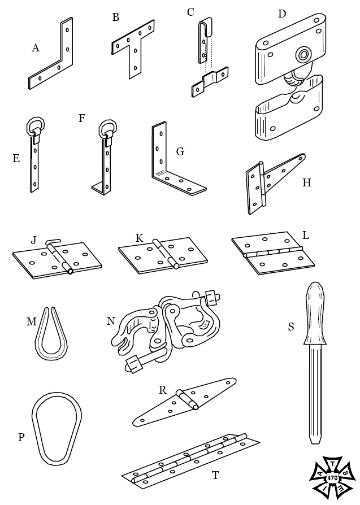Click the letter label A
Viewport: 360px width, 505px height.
tap(36, 49)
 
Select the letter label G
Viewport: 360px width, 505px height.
tap(181, 151)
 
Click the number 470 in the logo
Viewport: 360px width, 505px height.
tap(332, 478)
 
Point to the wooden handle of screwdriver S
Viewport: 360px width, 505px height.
tap(315, 314)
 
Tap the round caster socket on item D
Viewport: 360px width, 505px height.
tap(304, 55)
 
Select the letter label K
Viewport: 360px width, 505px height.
tap(139, 238)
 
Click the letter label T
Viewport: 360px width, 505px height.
tap(215, 475)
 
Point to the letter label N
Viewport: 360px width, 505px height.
tap(111, 321)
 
